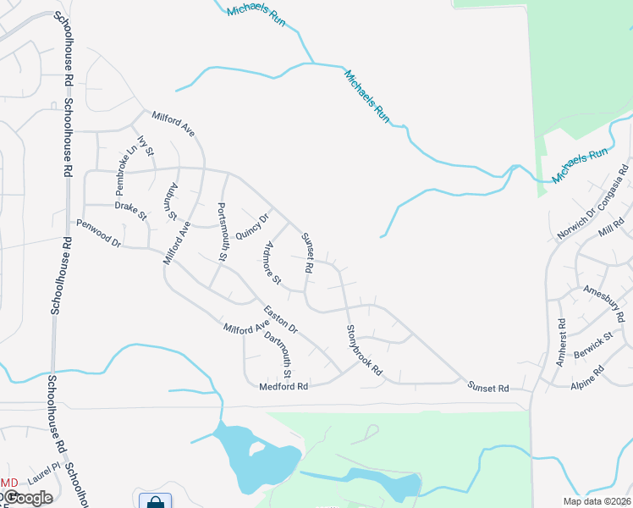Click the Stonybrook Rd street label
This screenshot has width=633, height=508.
365,351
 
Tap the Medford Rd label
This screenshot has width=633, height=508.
283,386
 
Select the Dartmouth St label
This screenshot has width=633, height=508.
278,356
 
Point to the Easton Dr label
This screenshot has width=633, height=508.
280,318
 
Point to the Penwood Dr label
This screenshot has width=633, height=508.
99,233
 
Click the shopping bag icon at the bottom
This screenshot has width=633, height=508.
155,501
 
